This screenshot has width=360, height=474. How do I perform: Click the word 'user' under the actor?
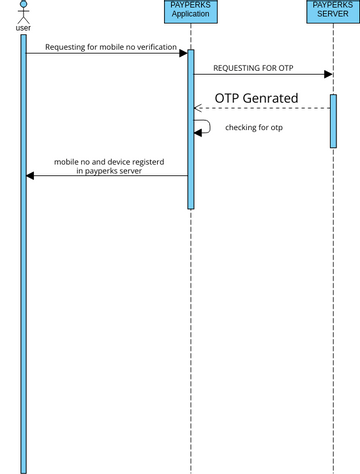[23, 28]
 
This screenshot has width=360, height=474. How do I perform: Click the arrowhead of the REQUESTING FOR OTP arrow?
[327, 74]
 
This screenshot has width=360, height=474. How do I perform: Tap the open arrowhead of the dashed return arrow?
[198, 108]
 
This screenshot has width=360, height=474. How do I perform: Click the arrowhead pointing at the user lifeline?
[31, 175]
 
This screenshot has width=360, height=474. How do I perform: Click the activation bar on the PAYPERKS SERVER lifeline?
[333, 120]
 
